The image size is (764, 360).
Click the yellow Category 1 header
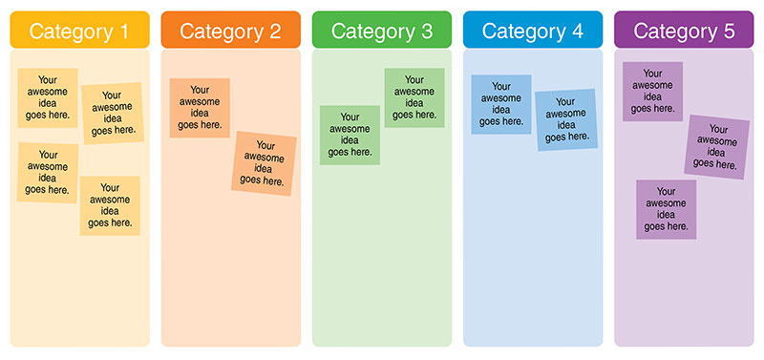tap(79, 31)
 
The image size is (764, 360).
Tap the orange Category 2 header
tap(230, 31)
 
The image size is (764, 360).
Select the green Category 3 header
tap(381, 31)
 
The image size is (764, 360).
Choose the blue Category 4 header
tap(532, 31)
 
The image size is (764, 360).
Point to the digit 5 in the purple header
tap(730, 31)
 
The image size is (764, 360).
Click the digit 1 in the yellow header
tap(123, 31)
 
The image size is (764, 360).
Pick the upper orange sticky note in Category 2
tap(200, 107)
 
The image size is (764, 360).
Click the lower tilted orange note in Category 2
tap(264, 163)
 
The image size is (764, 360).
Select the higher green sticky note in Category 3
tap(414, 97)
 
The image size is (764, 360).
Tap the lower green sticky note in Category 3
tap(350, 135)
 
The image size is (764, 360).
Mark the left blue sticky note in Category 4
tap(501, 104)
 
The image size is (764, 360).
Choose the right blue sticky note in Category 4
tap(565, 119)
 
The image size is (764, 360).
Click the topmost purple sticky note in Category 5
tap(652, 91)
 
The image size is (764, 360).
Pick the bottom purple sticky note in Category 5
tap(667, 209)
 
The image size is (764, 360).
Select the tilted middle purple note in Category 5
tap(717, 146)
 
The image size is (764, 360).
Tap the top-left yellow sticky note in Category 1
tap(48, 97)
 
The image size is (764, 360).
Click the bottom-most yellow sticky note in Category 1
tap(110, 205)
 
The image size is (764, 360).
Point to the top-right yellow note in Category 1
tap(112, 113)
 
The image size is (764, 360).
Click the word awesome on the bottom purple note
tap(667, 202)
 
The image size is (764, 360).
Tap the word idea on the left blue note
tap(501, 110)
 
